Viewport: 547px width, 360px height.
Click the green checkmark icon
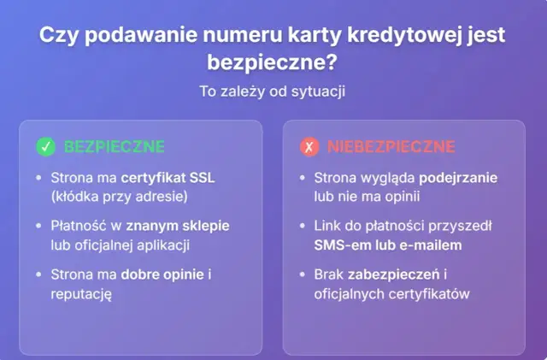(46, 147)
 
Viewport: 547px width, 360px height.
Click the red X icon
(309, 147)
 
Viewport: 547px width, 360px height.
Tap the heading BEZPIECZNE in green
(114, 147)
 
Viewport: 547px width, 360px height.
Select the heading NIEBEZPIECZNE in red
(391, 147)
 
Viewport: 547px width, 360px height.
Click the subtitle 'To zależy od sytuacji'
(273, 91)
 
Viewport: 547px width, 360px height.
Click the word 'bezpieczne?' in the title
(273, 62)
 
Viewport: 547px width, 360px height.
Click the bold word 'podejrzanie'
(458, 178)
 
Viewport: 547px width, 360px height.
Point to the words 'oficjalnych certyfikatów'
(392, 294)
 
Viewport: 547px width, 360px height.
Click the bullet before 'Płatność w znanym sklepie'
(38, 227)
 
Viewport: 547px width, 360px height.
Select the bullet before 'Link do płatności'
(302, 227)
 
